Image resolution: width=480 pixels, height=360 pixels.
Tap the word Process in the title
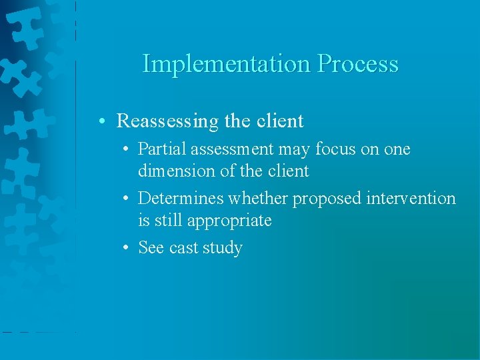[x=358, y=64]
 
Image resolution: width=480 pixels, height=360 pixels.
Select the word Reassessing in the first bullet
[x=167, y=121]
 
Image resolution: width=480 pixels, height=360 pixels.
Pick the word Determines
[x=181, y=199]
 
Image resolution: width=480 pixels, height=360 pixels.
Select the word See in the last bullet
[x=151, y=248]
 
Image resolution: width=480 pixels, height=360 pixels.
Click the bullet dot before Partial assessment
[x=126, y=150]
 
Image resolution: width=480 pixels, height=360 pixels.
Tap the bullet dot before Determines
[x=126, y=199]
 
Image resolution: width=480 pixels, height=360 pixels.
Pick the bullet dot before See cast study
[x=126, y=249]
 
